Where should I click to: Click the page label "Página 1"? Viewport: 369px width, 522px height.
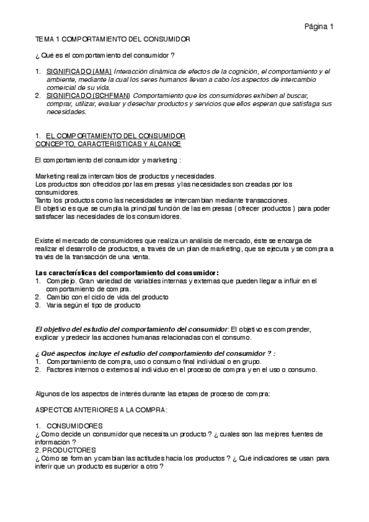pos(318,26)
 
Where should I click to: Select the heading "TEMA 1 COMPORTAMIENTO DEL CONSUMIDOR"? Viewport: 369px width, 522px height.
pos(113,39)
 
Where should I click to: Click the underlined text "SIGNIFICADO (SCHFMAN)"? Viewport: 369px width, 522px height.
pos(88,95)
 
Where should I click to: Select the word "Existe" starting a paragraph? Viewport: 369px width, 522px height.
pos(46,240)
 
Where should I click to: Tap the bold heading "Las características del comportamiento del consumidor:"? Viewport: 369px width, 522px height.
pos(128,273)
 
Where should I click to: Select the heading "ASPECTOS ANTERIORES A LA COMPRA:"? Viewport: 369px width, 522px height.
pos(93,409)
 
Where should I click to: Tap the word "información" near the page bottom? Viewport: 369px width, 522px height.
pos(54,442)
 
